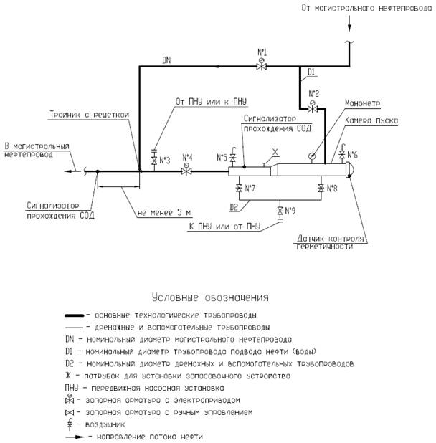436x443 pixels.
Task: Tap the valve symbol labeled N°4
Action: [186, 171]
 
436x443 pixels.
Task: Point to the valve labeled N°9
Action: [280, 211]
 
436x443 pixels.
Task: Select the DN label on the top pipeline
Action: [166, 59]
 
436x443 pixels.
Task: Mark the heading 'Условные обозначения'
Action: [208, 297]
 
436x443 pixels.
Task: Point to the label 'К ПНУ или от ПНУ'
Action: [224, 227]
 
